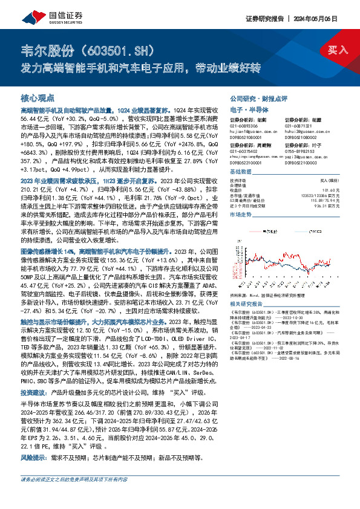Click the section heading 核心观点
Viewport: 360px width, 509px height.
click(x=37, y=97)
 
